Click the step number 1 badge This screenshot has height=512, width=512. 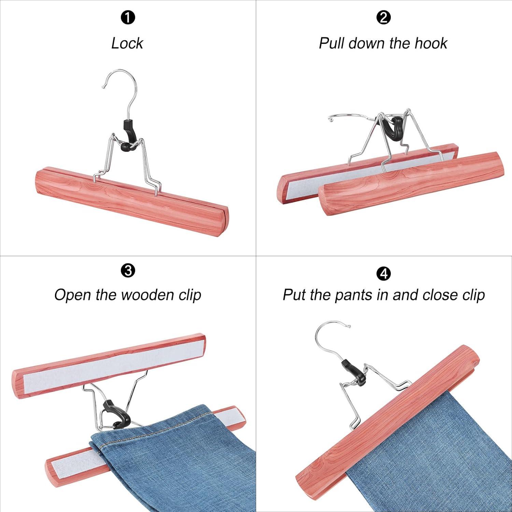coord(128,18)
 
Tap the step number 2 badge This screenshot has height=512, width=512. coord(383,18)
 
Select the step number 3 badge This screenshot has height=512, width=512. coord(128,271)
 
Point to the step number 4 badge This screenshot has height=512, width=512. coord(383,274)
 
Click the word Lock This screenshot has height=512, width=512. coord(127,43)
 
